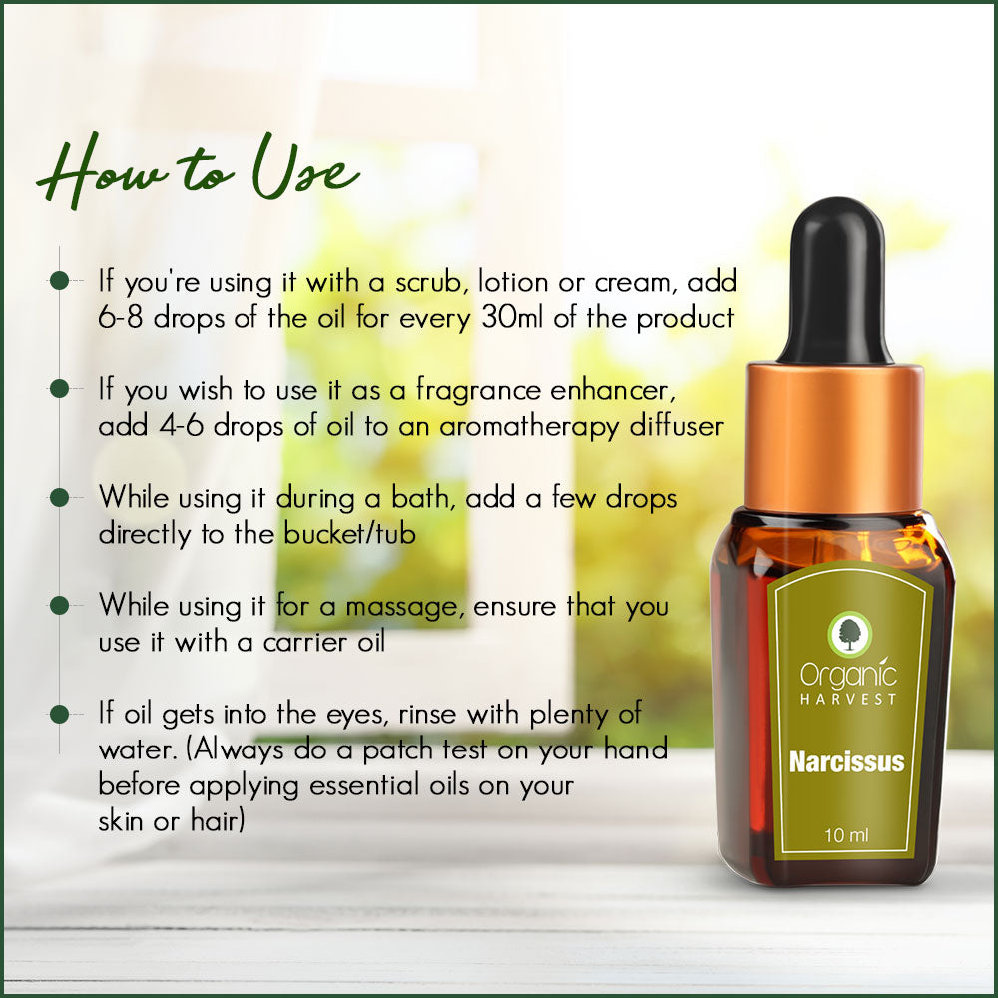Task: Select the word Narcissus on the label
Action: [x=846, y=762]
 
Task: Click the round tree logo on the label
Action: [x=850, y=634]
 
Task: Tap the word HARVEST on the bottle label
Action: [x=848, y=699]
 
